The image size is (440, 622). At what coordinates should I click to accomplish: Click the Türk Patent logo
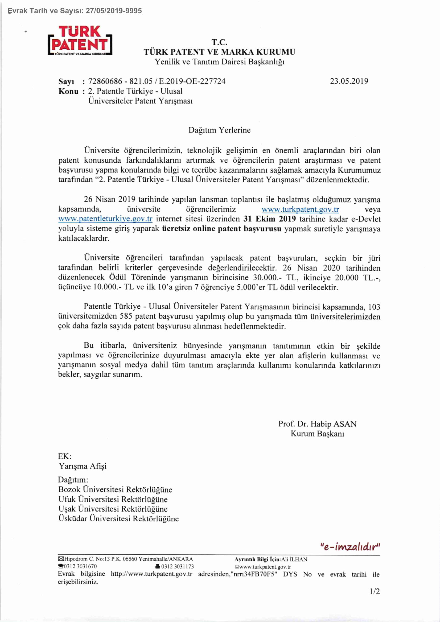pyautogui.click(x=80, y=41)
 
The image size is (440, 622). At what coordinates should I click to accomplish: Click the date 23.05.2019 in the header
pyautogui.click(x=349, y=81)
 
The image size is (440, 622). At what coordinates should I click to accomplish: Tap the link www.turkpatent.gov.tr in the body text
pyautogui.click(x=300, y=209)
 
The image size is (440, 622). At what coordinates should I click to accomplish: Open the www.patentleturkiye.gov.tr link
pyautogui.click(x=105, y=219)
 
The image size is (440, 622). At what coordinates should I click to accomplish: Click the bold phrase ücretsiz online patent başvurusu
pyautogui.click(x=222, y=229)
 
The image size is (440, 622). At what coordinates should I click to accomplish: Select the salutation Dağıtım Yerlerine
pyautogui.click(x=219, y=130)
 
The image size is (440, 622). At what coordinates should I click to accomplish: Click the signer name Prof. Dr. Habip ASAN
pyautogui.click(x=317, y=424)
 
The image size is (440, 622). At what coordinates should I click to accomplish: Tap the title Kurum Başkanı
pyautogui.click(x=317, y=434)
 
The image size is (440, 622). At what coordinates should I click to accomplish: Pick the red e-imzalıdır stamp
pyautogui.click(x=350, y=547)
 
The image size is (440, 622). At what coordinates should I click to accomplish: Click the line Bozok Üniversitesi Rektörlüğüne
pyautogui.click(x=115, y=489)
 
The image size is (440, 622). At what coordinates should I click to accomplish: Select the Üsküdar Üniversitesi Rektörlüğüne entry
pyautogui.click(x=118, y=518)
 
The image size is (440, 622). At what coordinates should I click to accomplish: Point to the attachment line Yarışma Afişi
pyautogui.click(x=83, y=466)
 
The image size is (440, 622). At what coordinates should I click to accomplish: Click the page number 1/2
pyautogui.click(x=375, y=591)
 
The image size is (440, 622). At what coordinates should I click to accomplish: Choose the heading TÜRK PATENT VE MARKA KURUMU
pyautogui.click(x=219, y=52)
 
